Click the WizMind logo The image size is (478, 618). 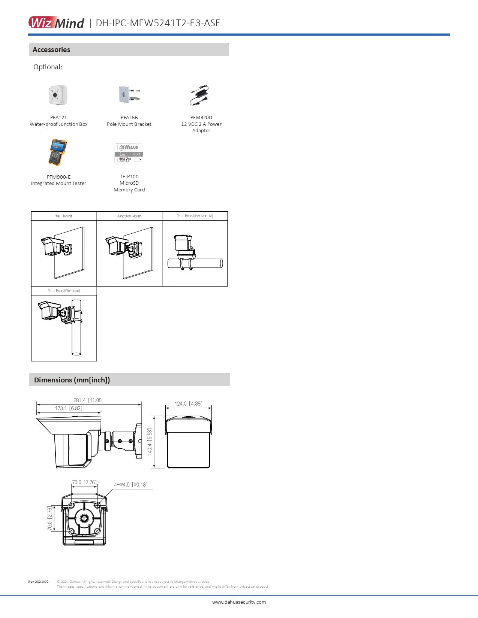(x=56, y=22)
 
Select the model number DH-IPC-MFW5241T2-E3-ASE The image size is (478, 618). (x=158, y=23)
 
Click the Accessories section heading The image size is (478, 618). (x=51, y=49)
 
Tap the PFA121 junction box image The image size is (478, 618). (x=58, y=95)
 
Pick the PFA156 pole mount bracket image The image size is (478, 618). (x=129, y=95)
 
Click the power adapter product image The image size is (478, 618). (x=200, y=95)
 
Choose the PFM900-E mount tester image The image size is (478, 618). (x=58, y=152)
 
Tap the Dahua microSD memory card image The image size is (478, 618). (x=129, y=154)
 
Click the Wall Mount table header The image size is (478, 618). (x=64, y=216)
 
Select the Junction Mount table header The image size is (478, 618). (x=129, y=216)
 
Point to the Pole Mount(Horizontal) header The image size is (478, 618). (x=195, y=216)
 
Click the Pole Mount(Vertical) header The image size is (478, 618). (x=64, y=291)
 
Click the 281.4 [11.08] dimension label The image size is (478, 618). (x=88, y=400)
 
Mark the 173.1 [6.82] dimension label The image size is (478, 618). (x=69, y=408)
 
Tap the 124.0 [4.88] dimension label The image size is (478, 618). (x=189, y=403)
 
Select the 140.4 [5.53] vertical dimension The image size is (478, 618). (x=150, y=442)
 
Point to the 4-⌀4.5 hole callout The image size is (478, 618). (x=131, y=484)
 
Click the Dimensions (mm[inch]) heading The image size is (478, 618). (x=72, y=380)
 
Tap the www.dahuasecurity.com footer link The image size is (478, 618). (x=239, y=602)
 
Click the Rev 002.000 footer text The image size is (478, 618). (x=38, y=582)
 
